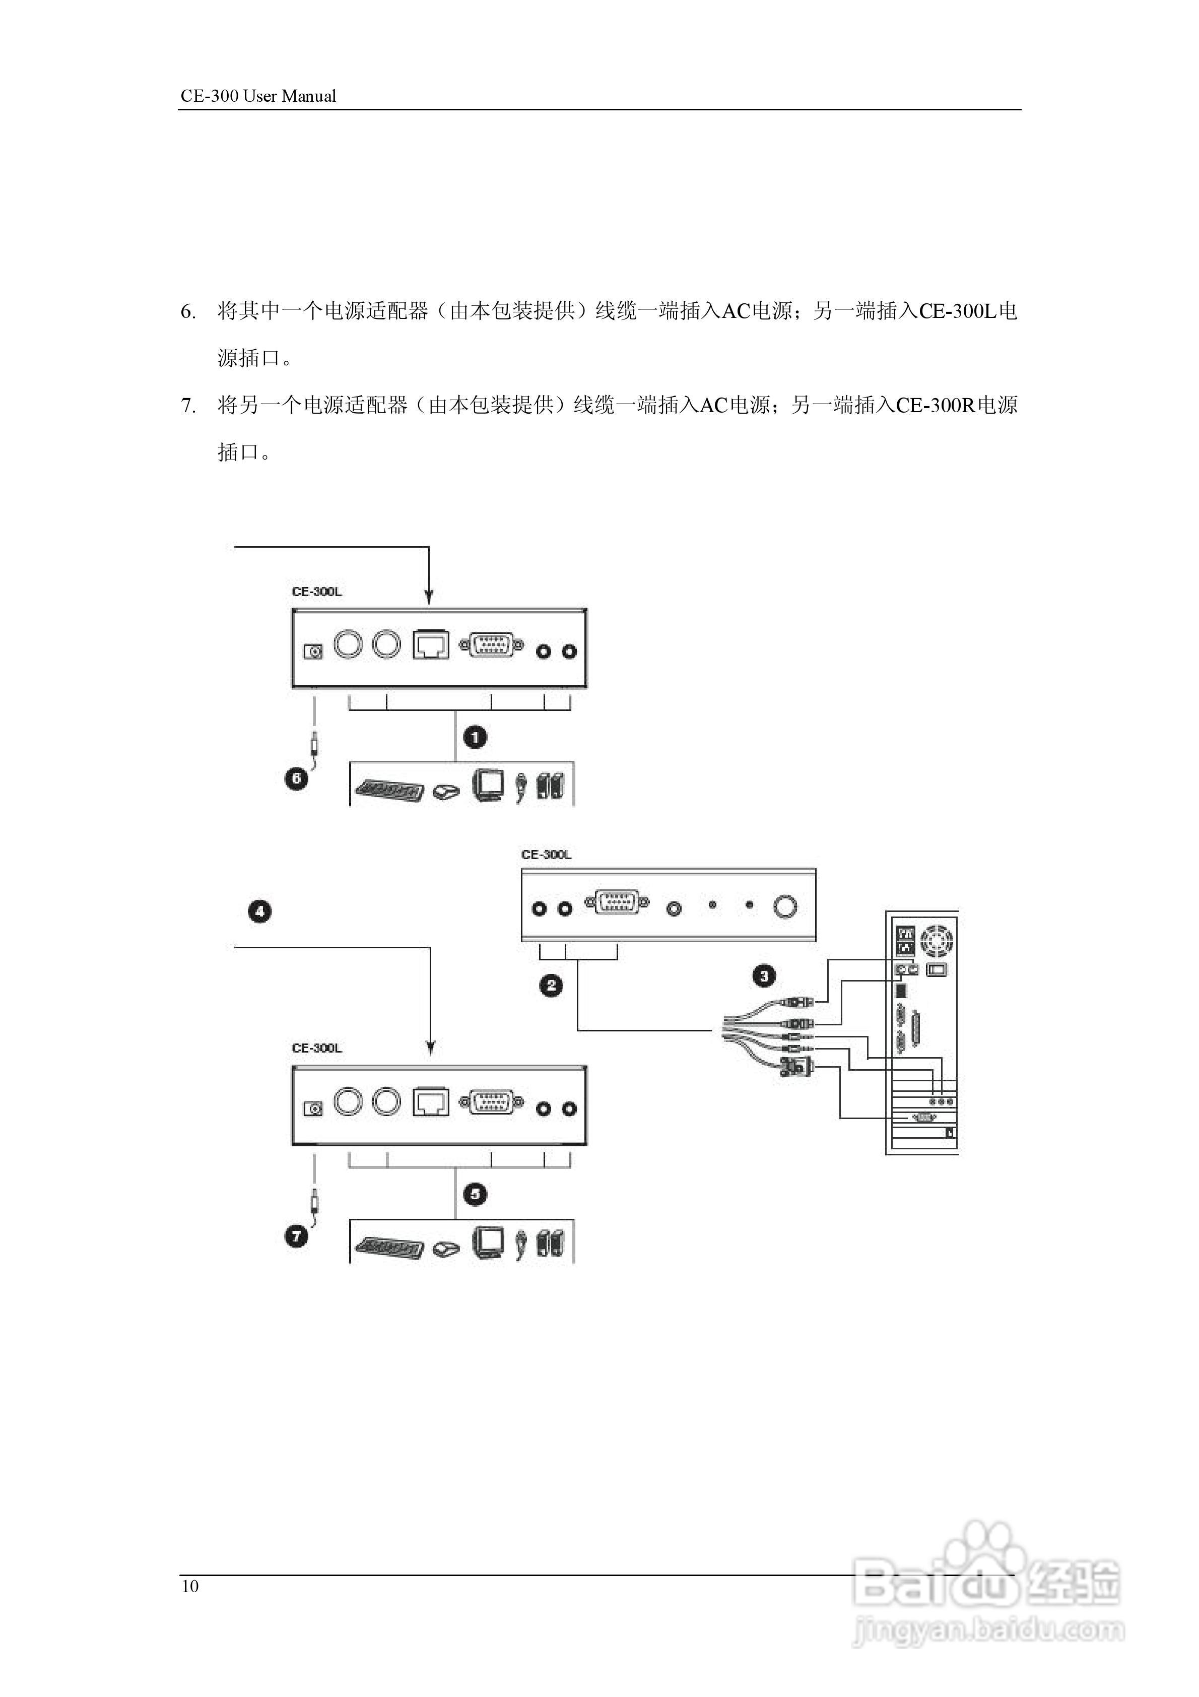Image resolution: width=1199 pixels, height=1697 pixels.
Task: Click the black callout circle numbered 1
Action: pos(475,737)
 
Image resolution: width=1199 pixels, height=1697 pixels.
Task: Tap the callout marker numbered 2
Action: pos(551,985)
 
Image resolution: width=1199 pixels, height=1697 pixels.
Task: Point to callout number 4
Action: pos(259,911)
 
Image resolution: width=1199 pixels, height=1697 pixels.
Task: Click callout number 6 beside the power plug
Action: pos(296,778)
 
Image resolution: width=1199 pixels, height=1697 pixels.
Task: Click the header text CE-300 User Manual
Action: pos(258,96)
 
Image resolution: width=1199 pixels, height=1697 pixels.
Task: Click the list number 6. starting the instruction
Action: pos(188,312)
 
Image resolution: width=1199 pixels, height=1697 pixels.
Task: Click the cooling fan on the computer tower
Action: pos(938,940)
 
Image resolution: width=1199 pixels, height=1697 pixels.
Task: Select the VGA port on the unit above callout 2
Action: pos(617,904)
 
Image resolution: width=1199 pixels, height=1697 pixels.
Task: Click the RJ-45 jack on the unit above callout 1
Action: pos(431,645)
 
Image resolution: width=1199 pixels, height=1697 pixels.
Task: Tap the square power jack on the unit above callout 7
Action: pos(313,1108)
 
